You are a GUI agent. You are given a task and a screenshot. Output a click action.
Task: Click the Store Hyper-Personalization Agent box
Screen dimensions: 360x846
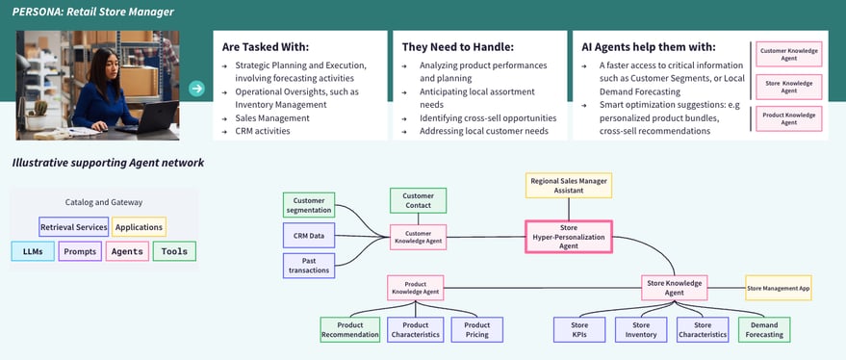tap(568, 237)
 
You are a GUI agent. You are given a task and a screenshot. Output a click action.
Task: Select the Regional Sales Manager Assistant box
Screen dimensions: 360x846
tap(568, 185)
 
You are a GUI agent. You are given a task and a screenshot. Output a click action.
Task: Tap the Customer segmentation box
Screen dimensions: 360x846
tap(309, 205)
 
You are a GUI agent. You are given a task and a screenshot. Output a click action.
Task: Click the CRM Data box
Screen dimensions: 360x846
tap(309, 236)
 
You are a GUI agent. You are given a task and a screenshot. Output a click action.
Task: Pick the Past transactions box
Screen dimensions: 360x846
tap(309, 266)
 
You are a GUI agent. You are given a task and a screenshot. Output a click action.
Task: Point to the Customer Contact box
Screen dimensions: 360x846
tap(418, 200)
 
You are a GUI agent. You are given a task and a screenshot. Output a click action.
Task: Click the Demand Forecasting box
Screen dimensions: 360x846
tap(764, 330)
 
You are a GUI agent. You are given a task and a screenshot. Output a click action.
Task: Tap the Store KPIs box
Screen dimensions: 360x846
tap(579, 330)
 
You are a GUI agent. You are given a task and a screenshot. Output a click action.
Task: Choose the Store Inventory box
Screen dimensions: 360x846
tap(640, 330)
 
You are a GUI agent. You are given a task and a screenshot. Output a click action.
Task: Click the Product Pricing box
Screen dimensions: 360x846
tap(476, 329)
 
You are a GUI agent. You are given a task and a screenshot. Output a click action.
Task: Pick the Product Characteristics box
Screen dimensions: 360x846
tap(416, 329)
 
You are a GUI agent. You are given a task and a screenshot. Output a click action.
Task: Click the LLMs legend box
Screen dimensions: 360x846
tap(33, 251)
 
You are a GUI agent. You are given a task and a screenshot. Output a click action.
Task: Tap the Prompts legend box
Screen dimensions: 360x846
tap(80, 251)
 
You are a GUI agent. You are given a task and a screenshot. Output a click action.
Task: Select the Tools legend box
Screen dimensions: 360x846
tap(174, 251)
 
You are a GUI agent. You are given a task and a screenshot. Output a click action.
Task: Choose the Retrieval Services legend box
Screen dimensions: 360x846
tap(73, 227)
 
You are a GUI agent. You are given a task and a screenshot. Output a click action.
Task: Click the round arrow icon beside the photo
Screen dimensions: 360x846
tap(196, 89)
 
